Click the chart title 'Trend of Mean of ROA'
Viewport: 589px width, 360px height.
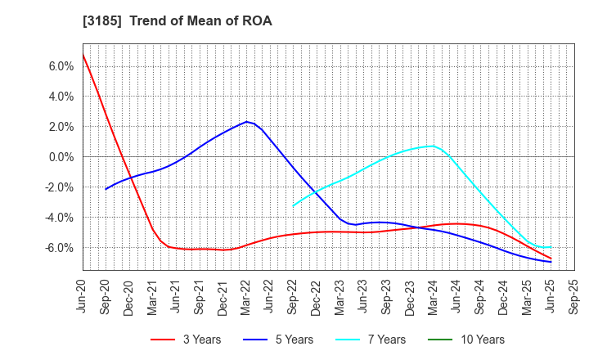point(200,20)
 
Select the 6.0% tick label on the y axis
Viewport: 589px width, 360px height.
point(61,66)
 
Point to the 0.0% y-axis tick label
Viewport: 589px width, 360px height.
point(61,157)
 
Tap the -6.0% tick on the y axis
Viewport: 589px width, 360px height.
point(60,248)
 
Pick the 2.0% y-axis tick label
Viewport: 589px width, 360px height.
point(61,127)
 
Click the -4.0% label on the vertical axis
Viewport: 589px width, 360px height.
point(60,218)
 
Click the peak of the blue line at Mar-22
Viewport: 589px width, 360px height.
point(246,122)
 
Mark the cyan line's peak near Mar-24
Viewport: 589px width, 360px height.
point(433,146)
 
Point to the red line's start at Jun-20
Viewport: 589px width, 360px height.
point(83,54)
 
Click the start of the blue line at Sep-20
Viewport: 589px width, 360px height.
point(106,189)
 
